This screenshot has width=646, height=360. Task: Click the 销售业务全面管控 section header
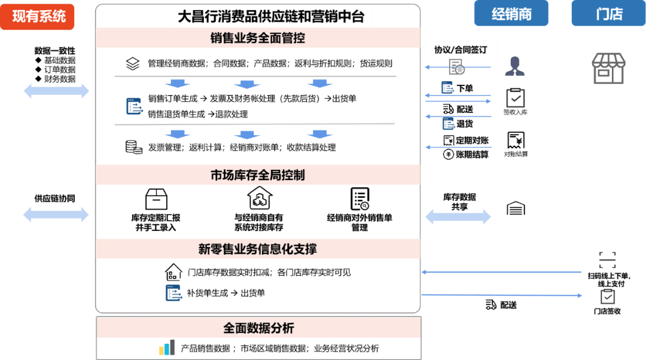(258, 38)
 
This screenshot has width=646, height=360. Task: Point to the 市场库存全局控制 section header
(258, 175)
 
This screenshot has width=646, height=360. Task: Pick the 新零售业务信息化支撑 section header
(258, 249)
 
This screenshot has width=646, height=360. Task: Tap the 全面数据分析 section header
(258, 328)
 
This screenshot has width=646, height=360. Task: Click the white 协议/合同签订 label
(461, 50)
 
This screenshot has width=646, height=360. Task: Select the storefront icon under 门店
(608, 68)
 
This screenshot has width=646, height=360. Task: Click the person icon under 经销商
(514, 66)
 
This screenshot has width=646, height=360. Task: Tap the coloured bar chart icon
(167, 348)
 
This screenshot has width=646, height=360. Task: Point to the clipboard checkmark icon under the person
(514, 97)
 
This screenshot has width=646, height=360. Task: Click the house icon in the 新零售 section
(173, 272)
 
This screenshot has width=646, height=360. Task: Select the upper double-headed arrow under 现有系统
(56, 91)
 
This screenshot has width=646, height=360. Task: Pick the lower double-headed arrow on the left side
(56, 214)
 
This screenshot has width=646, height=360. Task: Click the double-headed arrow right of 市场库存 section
(457, 216)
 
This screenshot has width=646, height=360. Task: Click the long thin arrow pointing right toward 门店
(502, 295)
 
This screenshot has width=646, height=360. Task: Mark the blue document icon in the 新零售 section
(173, 292)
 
